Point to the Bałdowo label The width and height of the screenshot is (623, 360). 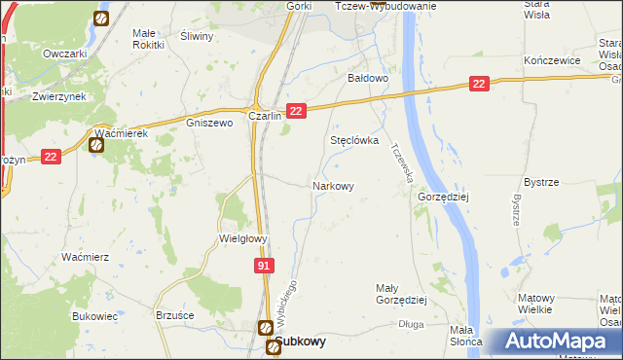coord(369,77)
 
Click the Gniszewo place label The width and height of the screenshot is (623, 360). coord(209,124)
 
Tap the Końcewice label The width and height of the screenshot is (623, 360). coord(552,60)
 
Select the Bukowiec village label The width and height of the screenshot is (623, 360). coord(94,316)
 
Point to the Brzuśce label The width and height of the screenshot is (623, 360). coord(175,316)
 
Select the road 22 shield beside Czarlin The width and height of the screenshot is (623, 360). coord(298,112)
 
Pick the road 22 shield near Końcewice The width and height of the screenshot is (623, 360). coord(478,86)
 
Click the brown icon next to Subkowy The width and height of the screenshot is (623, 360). coord(265,329)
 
